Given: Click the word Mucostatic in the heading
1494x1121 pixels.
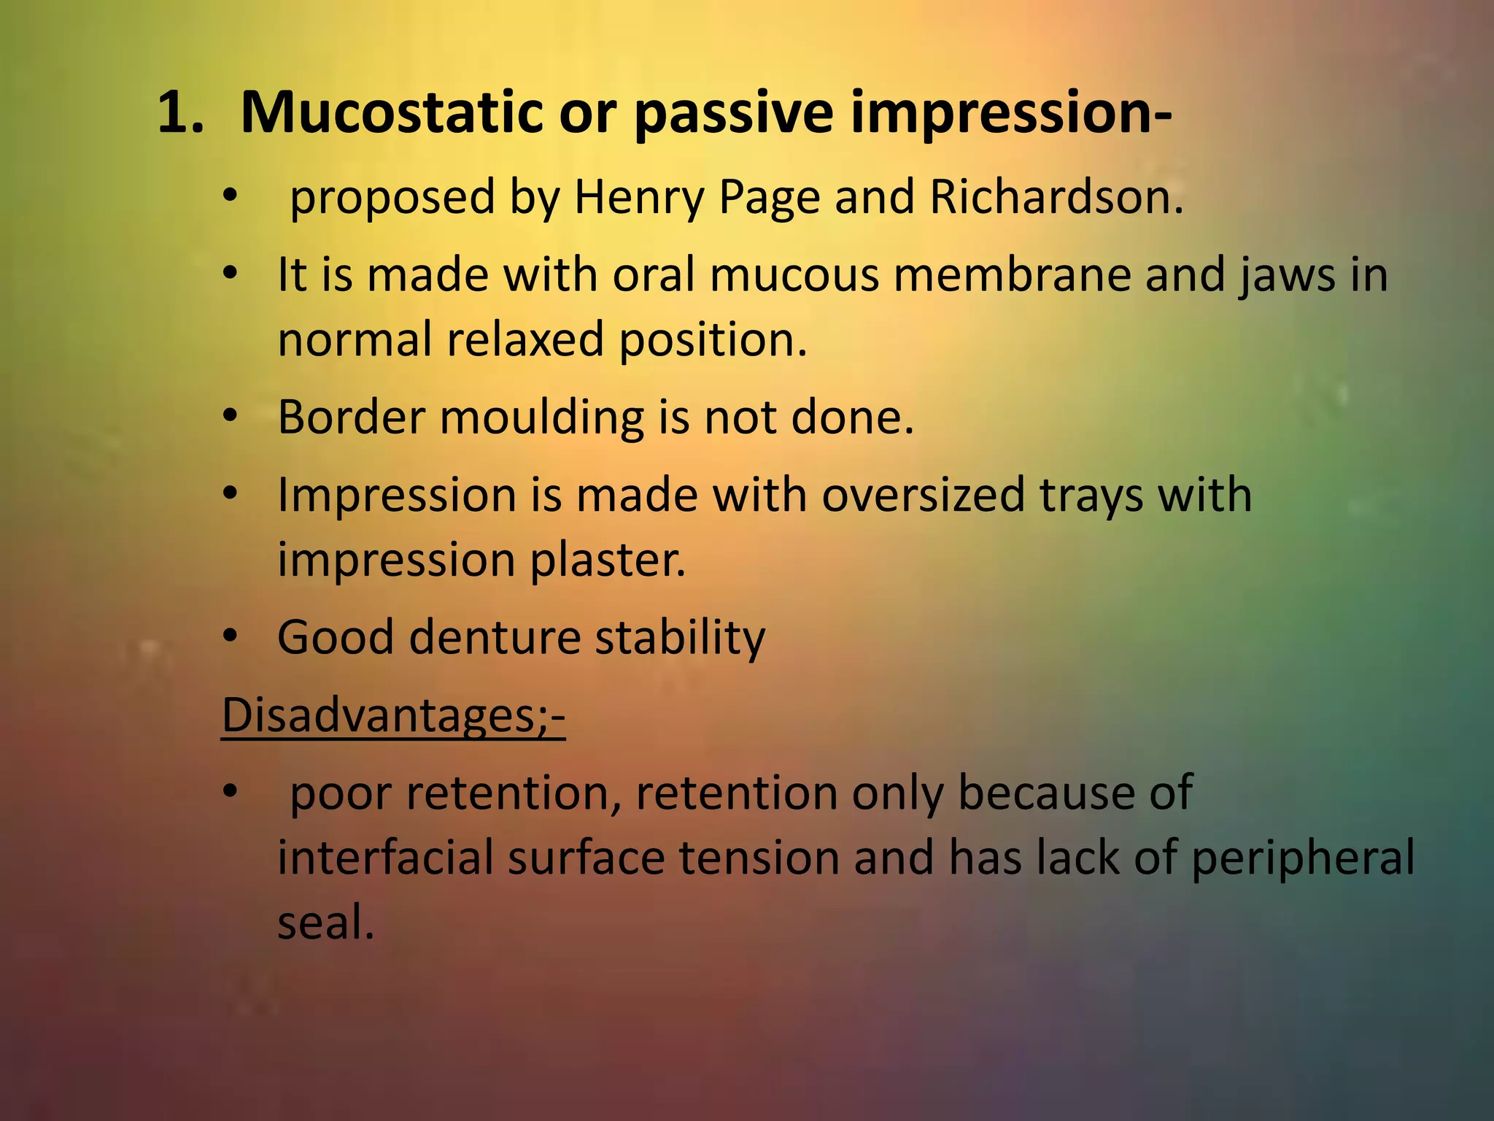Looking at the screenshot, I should [391, 113].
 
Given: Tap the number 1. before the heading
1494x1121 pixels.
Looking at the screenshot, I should [180, 113].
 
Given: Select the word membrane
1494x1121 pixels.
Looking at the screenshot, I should [1013, 275].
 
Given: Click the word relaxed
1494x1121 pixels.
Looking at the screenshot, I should [525, 340].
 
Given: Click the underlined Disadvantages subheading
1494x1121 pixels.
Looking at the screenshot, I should [393, 715].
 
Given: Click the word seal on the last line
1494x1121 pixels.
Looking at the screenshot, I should [325, 922].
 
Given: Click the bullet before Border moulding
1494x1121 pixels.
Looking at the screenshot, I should [231, 417].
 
